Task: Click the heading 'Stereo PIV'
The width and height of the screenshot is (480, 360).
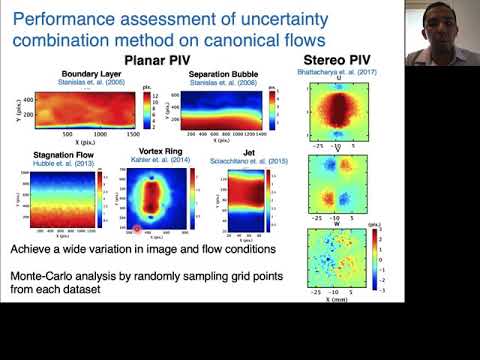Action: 333,60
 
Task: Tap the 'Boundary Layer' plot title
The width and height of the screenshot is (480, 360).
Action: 91,74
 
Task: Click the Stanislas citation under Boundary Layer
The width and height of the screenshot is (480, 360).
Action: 91,82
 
